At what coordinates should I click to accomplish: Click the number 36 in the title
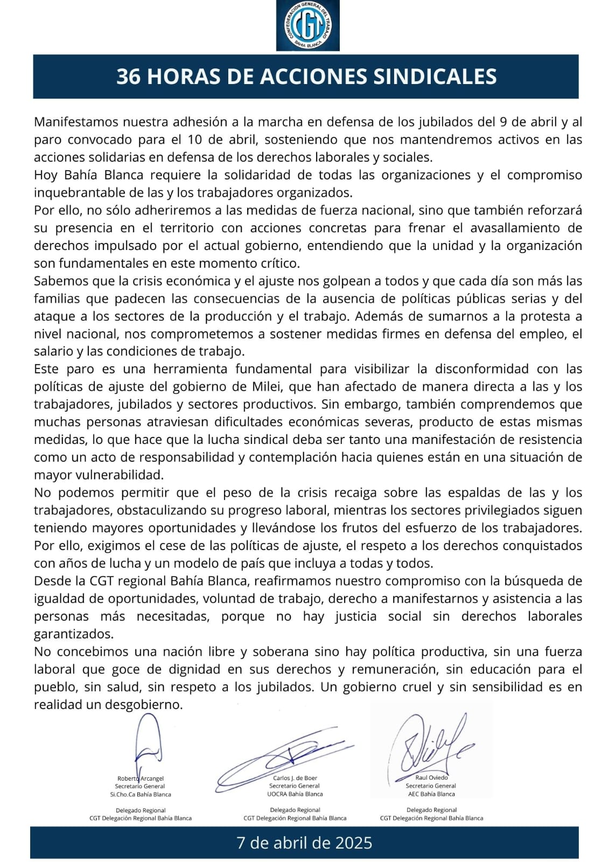(x=129, y=77)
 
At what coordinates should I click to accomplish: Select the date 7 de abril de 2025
(x=304, y=842)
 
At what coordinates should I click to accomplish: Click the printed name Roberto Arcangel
(x=141, y=778)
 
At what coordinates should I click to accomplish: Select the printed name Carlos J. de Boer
(x=295, y=778)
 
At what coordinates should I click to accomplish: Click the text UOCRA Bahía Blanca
(x=295, y=794)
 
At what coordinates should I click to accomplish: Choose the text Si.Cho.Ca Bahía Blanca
(x=141, y=795)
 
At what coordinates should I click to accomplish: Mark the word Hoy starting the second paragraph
(x=45, y=175)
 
